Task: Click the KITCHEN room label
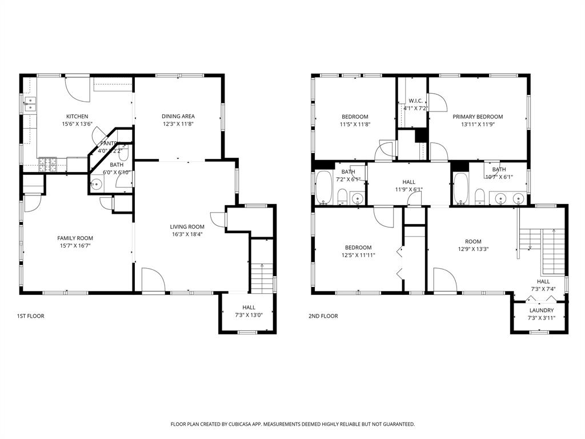pyautogui.click(x=77, y=116)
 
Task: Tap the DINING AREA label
pyautogui.click(x=178, y=116)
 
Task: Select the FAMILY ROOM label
pyautogui.click(x=75, y=238)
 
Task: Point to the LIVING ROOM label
pyautogui.click(x=187, y=226)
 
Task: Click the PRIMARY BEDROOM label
pyautogui.click(x=478, y=116)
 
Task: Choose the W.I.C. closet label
pyautogui.click(x=415, y=101)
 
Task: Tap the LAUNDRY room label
pyautogui.click(x=540, y=310)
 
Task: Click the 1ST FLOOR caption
pyautogui.click(x=30, y=316)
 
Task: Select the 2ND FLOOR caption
pyautogui.click(x=323, y=316)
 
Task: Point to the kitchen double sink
pyautogui.click(x=30, y=104)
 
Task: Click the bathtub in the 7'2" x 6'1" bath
pyautogui.click(x=324, y=187)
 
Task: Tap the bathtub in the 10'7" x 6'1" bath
pyautogui.click(x=460, y=187)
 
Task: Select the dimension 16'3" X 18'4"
pyautogui.click(x=187, y=234)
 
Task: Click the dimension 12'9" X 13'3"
pyautogui.click(x=472, y=249)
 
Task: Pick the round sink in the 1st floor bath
pyautogui.click(x=97, y=184)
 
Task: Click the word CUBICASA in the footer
pyautogui.click(x=249, y=424)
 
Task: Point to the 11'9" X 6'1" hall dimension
pyautogui.click(x=408, y=189)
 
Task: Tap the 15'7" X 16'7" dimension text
pyautogui.click(x=75, y=245)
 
